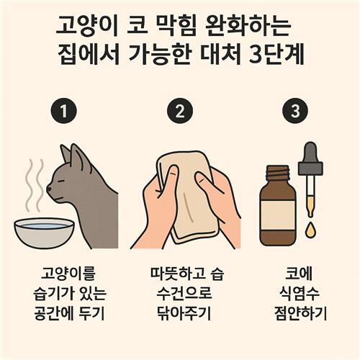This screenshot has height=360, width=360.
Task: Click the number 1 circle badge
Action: pyautogui.click(x=63, y=111)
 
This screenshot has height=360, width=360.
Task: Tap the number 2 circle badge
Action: pyautogui.click(x=180, y=111)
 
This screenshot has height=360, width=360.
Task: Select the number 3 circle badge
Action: pyautogui.click(x=295, y=111)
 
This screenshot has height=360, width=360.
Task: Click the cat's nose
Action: pyautogui.click(x=49, y=189)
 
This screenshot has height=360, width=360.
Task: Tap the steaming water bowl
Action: pyautogui.click(x=44, y=233)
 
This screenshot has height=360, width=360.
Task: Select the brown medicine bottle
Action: pyautogui.click(x=278, y=205)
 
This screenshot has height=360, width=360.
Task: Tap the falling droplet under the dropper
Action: pyautogui.click(x=310, y=228)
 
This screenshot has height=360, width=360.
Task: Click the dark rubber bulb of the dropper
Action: pyautogui.click(x=310, y=153)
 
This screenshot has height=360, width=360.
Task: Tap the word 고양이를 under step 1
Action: pyautogui.click(x=68, y=274)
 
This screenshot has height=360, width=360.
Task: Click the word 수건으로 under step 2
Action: pyautogui.click(x=184, y=293)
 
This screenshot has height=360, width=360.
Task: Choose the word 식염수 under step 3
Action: pyautogui.click(x=300, y=293)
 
